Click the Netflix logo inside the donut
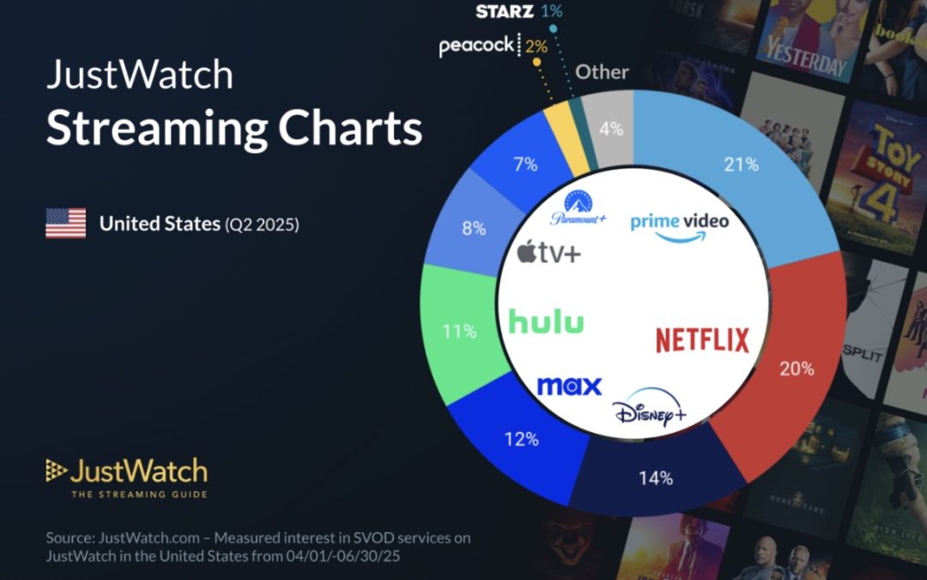click(702, 339)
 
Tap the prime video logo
click(679, 225)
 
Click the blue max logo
click(569, 386)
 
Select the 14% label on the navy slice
click(657, 478)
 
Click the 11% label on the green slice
click(459, 331)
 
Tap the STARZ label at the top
click(505, 11)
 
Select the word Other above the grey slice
click(602, 72)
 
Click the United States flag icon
click(65, 223)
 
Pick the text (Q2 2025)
click(261, 225)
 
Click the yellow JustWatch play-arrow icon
click(56, 469)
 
